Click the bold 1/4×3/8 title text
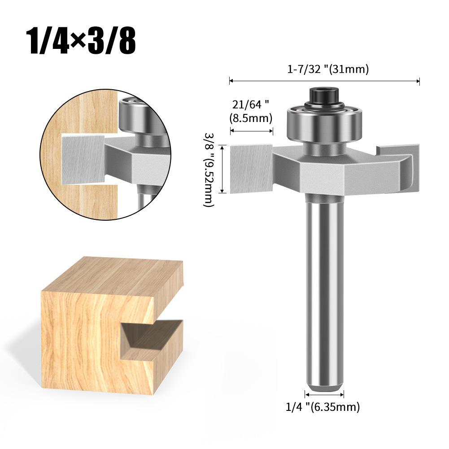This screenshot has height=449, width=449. click(81, 41)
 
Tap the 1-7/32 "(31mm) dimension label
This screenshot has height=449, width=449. click(328, 70)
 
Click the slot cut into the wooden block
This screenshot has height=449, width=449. click(150, 339)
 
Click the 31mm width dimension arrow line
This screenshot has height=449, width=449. click(324, 81)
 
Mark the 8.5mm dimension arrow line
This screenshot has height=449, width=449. click(252, 131)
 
